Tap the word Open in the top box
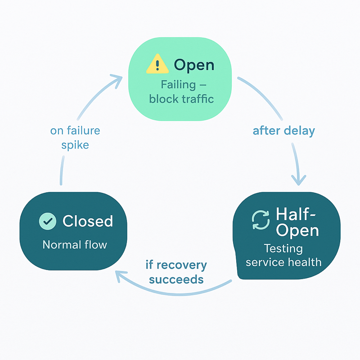(194, 65)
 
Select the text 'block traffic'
(181, 99)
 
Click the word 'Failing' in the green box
(175, 85)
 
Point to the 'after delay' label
(283, 131)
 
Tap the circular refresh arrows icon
(260, 220)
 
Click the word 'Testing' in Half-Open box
(283, 248)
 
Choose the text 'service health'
(283, 261)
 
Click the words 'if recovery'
(176, 265)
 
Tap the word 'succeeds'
(176, 279)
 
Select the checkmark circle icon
(48, 221)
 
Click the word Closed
(88, 221)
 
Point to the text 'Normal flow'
(75, 245)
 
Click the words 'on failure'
(75, 131)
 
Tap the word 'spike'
(75, 145)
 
